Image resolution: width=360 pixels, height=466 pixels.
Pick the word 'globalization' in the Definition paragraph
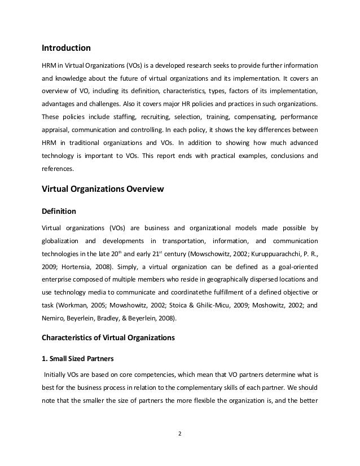click(60, 241)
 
